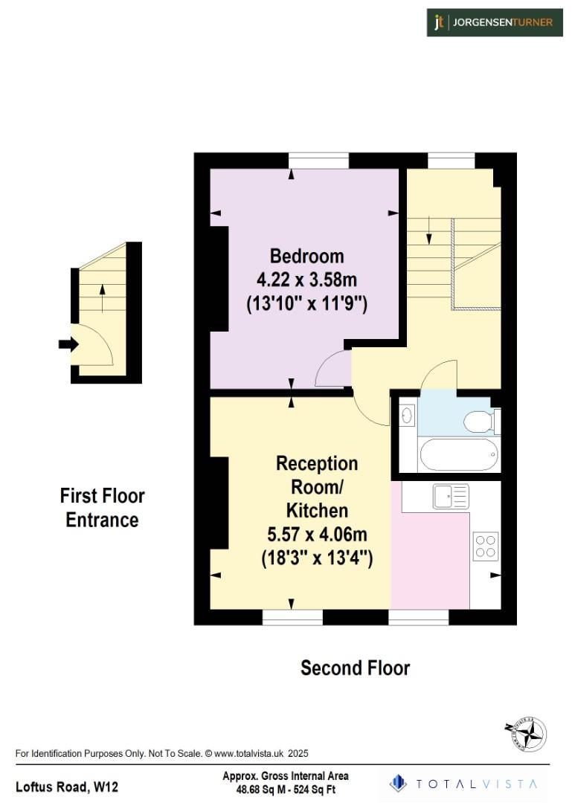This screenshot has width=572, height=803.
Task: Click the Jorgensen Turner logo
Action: [494, 22]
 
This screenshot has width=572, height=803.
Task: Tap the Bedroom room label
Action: [306, 257]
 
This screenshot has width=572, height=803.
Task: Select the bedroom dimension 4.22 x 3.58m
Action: [306, 280]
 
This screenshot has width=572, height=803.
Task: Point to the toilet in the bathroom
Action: [479, 422]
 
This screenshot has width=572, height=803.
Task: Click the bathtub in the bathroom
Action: [457, 454]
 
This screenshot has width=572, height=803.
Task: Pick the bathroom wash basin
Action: [407, 414]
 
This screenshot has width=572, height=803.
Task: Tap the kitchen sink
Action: [451, 494]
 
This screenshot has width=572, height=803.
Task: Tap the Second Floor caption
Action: [355, 668]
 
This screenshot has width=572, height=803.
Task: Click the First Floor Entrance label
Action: [102, 508]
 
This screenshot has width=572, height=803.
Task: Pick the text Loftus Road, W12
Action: [67, 786]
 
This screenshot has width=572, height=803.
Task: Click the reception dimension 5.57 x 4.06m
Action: [317, 535]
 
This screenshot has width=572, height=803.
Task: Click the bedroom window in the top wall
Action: [318, 161]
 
